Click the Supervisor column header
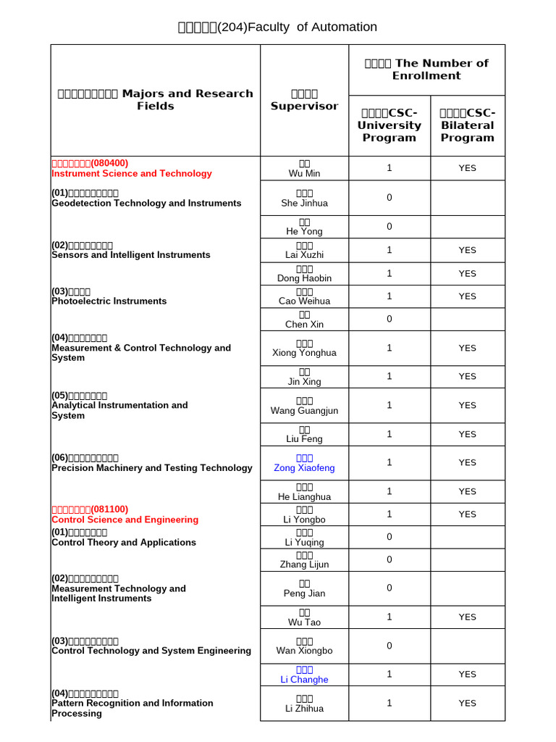304,100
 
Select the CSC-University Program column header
389,125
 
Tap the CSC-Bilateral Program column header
467,125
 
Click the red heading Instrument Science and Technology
132,173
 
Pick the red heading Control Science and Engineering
125,520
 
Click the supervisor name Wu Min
304,173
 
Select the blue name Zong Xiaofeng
304,468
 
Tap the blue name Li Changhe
304,680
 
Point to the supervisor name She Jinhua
304,203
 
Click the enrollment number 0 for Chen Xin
389,319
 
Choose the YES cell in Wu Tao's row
467,617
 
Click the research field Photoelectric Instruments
109,301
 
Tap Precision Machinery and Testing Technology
152,468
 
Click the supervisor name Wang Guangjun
304,411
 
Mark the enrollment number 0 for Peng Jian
389,588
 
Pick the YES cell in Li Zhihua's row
467,703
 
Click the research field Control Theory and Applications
124,542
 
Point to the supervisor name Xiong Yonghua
304,353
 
